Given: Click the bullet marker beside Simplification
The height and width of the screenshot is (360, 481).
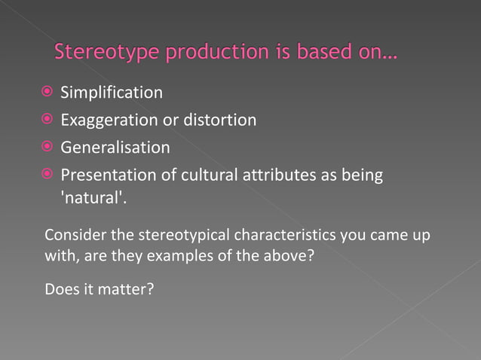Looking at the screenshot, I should coord(47,93).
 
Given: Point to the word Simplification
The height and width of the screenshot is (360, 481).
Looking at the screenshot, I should coord(112,93).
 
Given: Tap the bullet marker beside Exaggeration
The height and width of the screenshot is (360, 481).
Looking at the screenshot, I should coord(47,120).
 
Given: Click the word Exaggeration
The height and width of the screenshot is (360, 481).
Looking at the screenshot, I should coord(110,120).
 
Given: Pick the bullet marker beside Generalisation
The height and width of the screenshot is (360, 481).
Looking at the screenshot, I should coord(47,147).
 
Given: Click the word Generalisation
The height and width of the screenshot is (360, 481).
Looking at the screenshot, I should coord(115,147).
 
